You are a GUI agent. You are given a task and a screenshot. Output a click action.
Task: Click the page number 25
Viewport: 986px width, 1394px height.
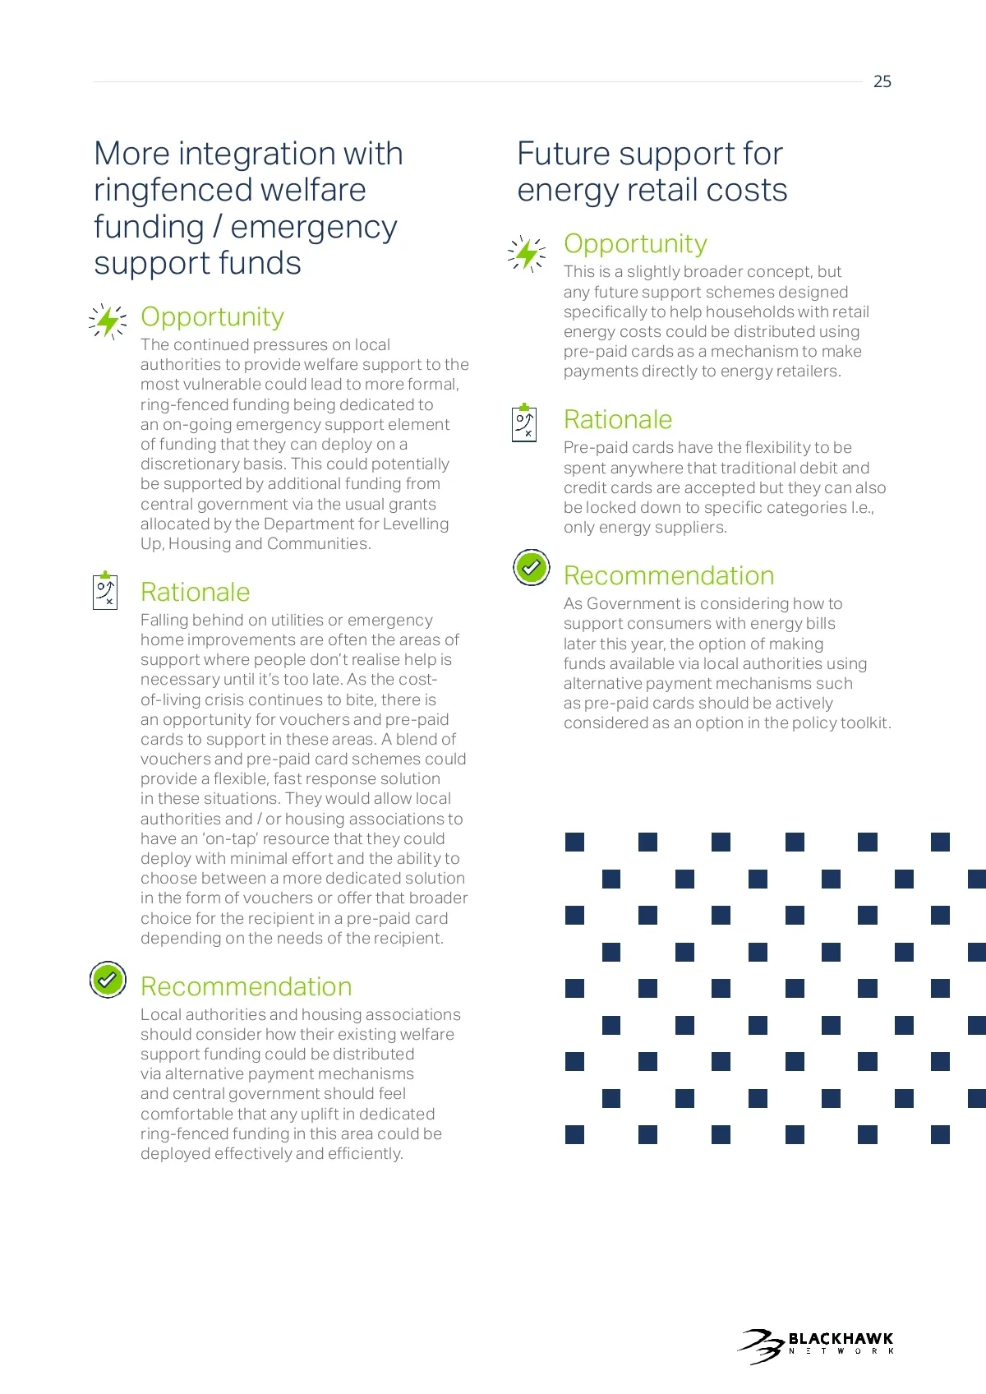tap(882, 81)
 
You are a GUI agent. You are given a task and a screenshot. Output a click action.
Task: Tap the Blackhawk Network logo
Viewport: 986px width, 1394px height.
tap(815, 1346)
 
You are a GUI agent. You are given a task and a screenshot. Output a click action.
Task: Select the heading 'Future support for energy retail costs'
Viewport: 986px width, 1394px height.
tap(652, 172)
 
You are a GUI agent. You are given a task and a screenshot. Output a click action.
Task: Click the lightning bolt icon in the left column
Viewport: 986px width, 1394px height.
tap(108, 321)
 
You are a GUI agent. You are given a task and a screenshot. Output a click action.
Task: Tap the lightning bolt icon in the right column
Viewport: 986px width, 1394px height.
tap(527, 253)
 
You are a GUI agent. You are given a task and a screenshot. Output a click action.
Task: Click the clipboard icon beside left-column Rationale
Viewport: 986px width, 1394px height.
tap(106, 590)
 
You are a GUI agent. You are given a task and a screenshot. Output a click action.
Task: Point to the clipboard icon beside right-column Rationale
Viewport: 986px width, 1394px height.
tap(524, 422)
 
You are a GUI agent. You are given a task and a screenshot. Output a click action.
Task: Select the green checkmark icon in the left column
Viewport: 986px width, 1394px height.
tap(108, 979)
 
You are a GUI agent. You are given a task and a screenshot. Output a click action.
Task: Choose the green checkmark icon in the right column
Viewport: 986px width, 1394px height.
tap(532, 567)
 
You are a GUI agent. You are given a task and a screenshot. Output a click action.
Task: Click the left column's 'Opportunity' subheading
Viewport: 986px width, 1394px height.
tap(212, 316)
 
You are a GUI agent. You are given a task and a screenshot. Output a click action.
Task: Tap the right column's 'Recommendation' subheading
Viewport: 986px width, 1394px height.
tap(669, 575)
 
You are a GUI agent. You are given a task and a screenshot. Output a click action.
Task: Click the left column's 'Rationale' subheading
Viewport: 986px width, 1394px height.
tap(195, 592)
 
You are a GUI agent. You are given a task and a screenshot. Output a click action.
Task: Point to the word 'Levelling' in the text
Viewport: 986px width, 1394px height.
tap(415, 524)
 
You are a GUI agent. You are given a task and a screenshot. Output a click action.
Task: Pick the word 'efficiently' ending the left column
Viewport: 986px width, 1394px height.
tap(365, 1153)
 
